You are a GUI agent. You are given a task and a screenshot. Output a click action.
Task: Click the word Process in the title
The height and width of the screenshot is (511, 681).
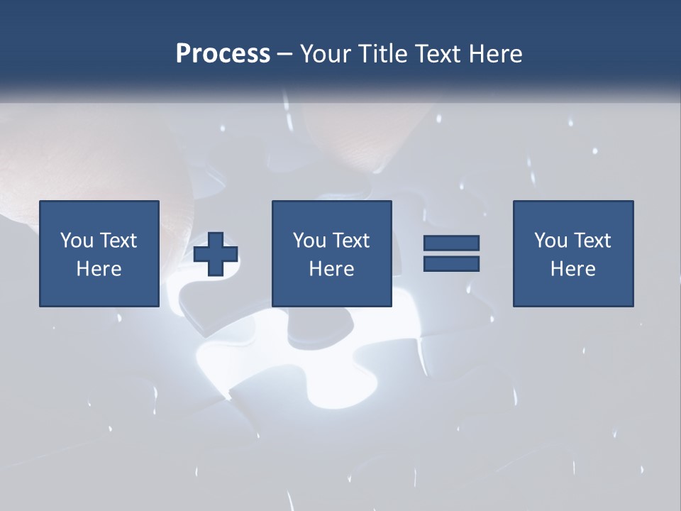(x=223, y=54)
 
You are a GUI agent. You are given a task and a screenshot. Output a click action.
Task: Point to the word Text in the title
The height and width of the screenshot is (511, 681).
(x=438, y=54)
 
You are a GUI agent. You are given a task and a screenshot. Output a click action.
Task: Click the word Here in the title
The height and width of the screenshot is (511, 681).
(x=496, y=54)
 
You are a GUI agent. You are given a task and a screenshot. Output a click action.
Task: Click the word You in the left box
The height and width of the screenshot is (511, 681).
(x=77, y=241)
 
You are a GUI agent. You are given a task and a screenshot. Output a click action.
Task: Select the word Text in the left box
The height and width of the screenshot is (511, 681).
(x=118, y=241)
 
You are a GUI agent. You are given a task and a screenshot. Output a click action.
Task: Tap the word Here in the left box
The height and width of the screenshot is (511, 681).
(x=99, y=269)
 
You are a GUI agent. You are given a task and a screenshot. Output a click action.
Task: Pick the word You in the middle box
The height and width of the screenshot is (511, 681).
(x=309, y=241)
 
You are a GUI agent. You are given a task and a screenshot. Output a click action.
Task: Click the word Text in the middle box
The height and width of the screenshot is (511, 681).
(x=350, y=241)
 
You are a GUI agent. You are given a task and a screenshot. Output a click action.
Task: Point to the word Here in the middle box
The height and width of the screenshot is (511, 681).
(x=331, y=269)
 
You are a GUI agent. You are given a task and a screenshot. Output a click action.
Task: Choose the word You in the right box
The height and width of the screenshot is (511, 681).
(x=550, y=241)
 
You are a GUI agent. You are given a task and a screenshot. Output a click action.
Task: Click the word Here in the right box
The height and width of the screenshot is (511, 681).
(x=572, y=269)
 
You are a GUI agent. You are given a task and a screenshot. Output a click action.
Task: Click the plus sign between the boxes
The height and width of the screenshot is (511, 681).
(x=216, y=254)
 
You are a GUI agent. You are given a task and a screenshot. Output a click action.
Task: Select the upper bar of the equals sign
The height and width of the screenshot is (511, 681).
(x=451, y=243)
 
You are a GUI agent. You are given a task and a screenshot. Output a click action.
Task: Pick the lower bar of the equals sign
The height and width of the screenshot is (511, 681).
(x=451, y=264)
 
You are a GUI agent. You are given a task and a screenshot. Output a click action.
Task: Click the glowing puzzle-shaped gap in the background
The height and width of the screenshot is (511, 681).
(x=284, y=355)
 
